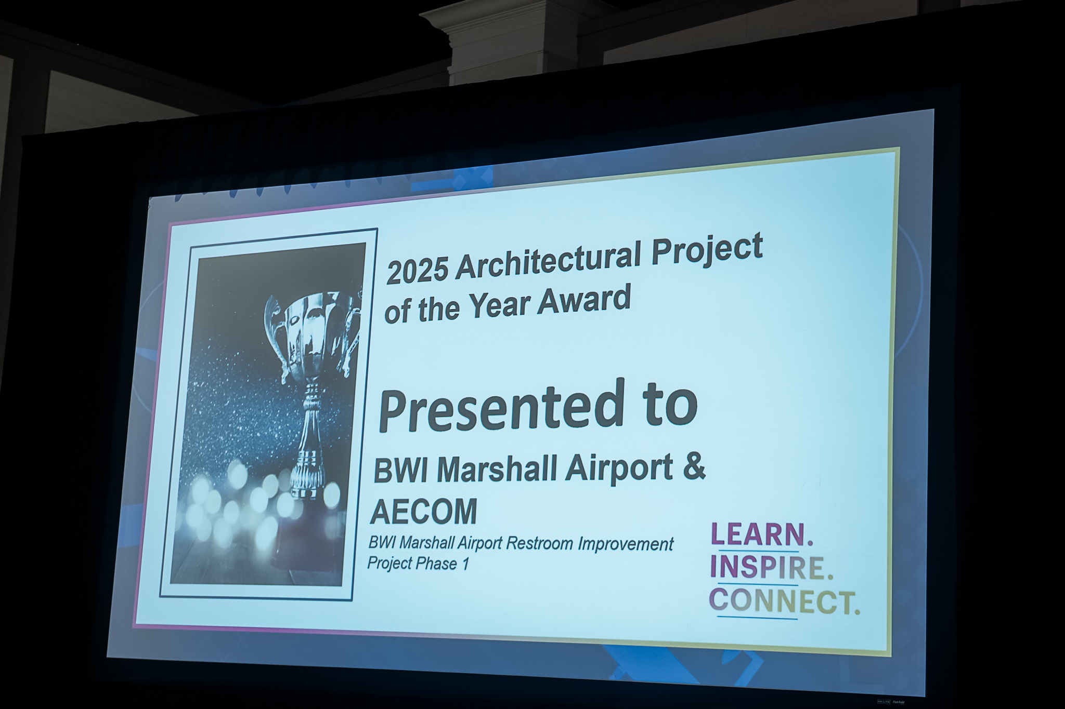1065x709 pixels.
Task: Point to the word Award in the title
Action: pos(583,301)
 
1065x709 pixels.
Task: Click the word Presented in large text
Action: pos(500,408)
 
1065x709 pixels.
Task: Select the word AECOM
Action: pos(423,512)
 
